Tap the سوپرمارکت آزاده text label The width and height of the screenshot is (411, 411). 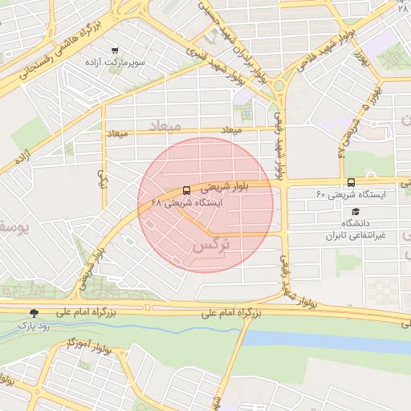click(117, 61)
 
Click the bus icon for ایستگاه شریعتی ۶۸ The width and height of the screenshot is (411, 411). click(187, 191)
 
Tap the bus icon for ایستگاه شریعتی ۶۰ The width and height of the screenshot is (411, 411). click(351, 182)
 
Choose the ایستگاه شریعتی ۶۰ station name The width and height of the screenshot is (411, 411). click(351, 194)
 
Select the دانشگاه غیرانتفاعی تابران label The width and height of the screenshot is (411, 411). click(355, 229)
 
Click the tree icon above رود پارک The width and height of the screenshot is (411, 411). click(33, 314)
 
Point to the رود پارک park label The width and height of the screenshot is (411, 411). click(33, 326)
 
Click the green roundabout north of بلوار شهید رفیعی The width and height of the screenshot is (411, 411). click(279, 85)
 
